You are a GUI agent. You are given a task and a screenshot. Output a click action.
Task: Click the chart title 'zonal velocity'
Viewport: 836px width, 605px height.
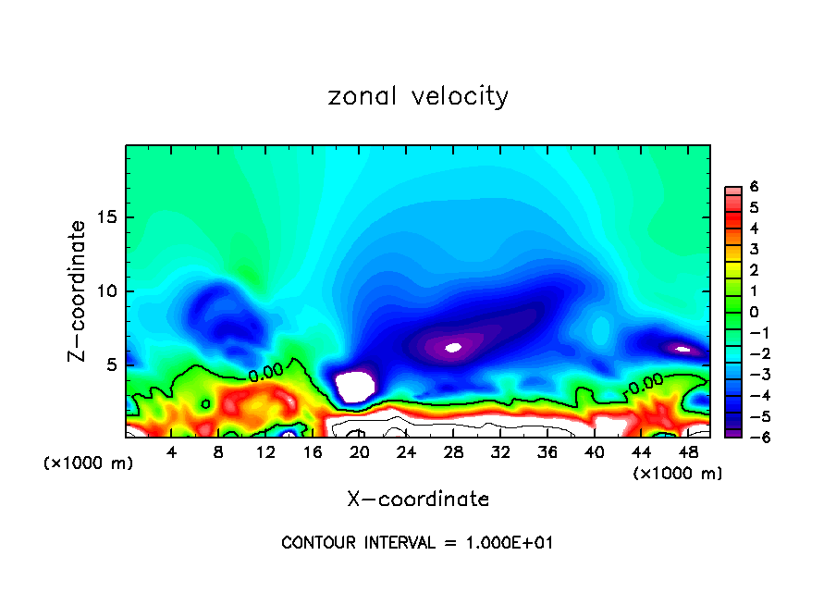418,96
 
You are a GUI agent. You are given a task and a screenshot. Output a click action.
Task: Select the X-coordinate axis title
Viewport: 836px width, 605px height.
418,500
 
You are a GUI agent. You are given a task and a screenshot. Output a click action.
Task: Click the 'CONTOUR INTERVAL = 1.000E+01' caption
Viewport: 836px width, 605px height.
417,543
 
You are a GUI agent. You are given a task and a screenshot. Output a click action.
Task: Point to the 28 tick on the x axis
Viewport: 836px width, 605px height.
453,452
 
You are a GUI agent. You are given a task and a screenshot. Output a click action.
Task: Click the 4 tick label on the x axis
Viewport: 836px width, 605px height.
172,452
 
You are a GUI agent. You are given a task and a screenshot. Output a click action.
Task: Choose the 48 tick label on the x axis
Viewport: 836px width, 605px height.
687,452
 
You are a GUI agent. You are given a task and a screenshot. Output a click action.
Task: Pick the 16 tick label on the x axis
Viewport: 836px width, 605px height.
313,452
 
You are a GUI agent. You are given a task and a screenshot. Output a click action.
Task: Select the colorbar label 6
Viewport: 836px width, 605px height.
754,186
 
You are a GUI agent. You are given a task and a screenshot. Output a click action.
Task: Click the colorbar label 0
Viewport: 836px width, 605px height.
754,312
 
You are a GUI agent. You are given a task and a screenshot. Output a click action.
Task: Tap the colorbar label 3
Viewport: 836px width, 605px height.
754,249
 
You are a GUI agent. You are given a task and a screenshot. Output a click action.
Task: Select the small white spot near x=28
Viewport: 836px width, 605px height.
453,348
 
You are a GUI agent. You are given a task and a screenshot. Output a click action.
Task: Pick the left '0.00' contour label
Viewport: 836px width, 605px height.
265,374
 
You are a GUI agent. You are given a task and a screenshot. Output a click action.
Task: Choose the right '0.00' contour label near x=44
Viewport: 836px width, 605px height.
645,380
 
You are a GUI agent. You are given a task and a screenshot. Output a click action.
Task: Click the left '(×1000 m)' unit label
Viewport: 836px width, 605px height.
88,463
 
